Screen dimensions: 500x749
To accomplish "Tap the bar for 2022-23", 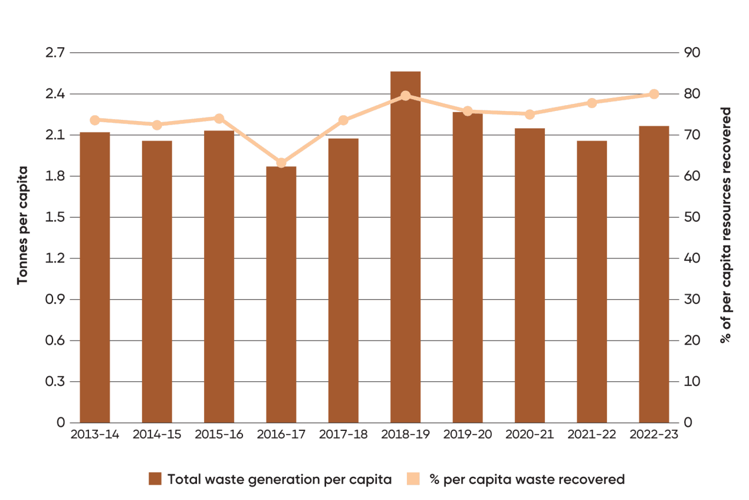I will point(653,274).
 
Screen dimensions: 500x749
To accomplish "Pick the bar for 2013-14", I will point(95,277).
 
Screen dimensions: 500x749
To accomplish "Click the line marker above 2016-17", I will point(281,163).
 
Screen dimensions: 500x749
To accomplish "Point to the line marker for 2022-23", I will point(653,94).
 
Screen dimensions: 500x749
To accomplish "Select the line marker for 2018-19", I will point(405,96).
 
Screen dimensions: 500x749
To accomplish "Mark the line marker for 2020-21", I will point(530,114).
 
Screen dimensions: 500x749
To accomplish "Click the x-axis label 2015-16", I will point(219,435).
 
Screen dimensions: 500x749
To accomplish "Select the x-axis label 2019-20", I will point(468,435).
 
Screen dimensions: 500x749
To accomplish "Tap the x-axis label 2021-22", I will point(592,435).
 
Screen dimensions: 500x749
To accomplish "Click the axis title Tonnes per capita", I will point(22,226).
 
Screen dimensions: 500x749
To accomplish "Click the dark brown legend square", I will point(155,479).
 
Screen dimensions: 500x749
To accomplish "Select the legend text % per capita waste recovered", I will point(527,479).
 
